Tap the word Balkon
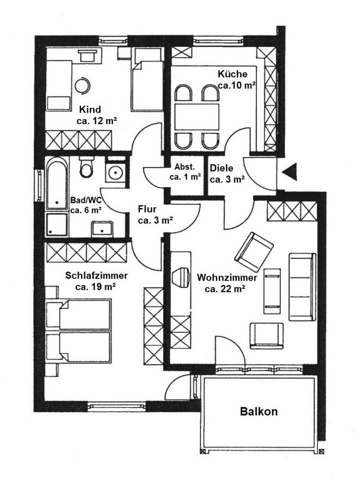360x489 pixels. click(259, 411)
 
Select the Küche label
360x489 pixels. click(233, 74)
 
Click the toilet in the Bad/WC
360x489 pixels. click(86, 166)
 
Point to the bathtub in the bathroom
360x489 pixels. click(57, 183)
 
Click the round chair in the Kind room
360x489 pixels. click(83, 85)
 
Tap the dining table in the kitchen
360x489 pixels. click(197, 117)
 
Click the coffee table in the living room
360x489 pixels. click(272, 291)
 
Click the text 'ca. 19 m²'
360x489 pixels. click(95, 287)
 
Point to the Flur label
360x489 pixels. click(148, 209)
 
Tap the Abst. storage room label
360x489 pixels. click(185, 167)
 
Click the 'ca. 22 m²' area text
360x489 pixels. click(225, 289)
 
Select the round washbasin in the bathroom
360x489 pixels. click(116, 172)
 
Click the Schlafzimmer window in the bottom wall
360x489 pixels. click(117, 405)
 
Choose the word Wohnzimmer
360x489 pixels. click(227, 277)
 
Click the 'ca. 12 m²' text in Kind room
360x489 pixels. click(96, 121)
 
